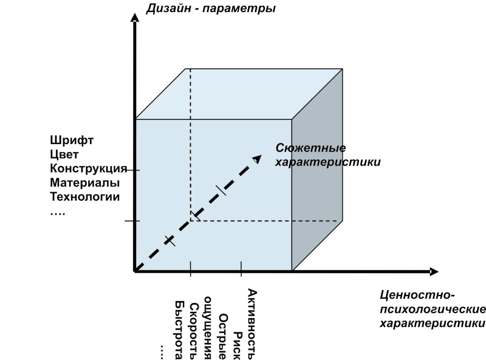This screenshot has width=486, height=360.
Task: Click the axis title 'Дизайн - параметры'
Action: tap(211, 9)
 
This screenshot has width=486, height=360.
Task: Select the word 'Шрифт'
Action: tap(72, 140)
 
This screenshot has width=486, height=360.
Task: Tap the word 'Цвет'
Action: tap(64, 154)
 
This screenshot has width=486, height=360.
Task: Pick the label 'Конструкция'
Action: tap(89, 168)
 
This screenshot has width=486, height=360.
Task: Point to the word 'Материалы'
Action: tap(84, 182)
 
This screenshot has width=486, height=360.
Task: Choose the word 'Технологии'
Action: tap(85, 197)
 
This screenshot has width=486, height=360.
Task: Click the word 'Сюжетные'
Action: tap(310, 148)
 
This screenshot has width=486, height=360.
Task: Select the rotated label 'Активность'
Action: tap(252, 324)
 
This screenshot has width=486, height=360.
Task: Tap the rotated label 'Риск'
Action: tap(238, 346)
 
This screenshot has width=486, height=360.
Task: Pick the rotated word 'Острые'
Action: tap(223, 337)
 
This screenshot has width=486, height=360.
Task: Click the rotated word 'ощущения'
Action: tap(207, 328)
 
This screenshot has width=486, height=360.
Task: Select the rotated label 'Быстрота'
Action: tap(179, 330)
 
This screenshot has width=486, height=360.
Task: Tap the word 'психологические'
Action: tap(433, 309)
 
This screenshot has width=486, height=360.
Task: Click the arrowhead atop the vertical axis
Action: tap(134, 17)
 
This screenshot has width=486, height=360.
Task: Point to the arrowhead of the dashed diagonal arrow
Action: tap(257, 159)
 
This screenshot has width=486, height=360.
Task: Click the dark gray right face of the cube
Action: tap(317, 170)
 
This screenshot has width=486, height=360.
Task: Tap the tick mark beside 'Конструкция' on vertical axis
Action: tap(134, 170)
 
